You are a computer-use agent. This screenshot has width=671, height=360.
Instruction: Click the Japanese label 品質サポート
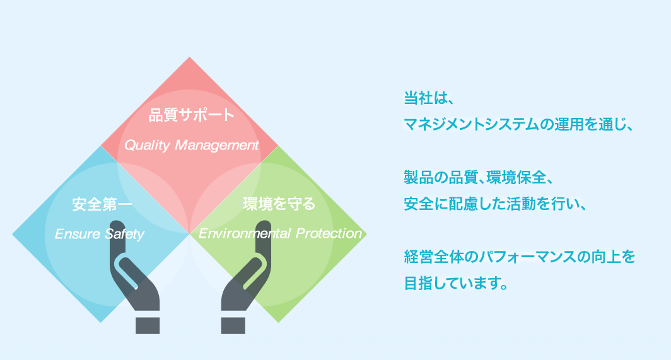191,115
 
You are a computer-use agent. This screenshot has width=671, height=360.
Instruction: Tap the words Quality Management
191,145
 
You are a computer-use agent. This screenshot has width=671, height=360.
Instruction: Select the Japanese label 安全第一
102,204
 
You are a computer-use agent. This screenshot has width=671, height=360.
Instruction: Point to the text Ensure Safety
99,234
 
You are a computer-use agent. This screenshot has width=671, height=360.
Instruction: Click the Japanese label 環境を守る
279,204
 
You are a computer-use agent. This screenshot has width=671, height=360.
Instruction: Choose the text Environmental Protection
280,233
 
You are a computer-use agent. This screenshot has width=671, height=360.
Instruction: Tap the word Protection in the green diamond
329,233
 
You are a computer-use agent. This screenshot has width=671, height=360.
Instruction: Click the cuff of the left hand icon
148,325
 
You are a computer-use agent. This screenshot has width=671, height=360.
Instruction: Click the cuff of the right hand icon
233,325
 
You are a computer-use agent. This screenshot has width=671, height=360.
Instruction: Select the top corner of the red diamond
189,57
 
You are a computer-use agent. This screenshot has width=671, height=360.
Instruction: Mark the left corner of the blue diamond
13,234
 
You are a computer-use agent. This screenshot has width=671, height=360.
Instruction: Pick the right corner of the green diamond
367,234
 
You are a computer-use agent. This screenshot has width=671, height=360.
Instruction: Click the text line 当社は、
428,98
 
